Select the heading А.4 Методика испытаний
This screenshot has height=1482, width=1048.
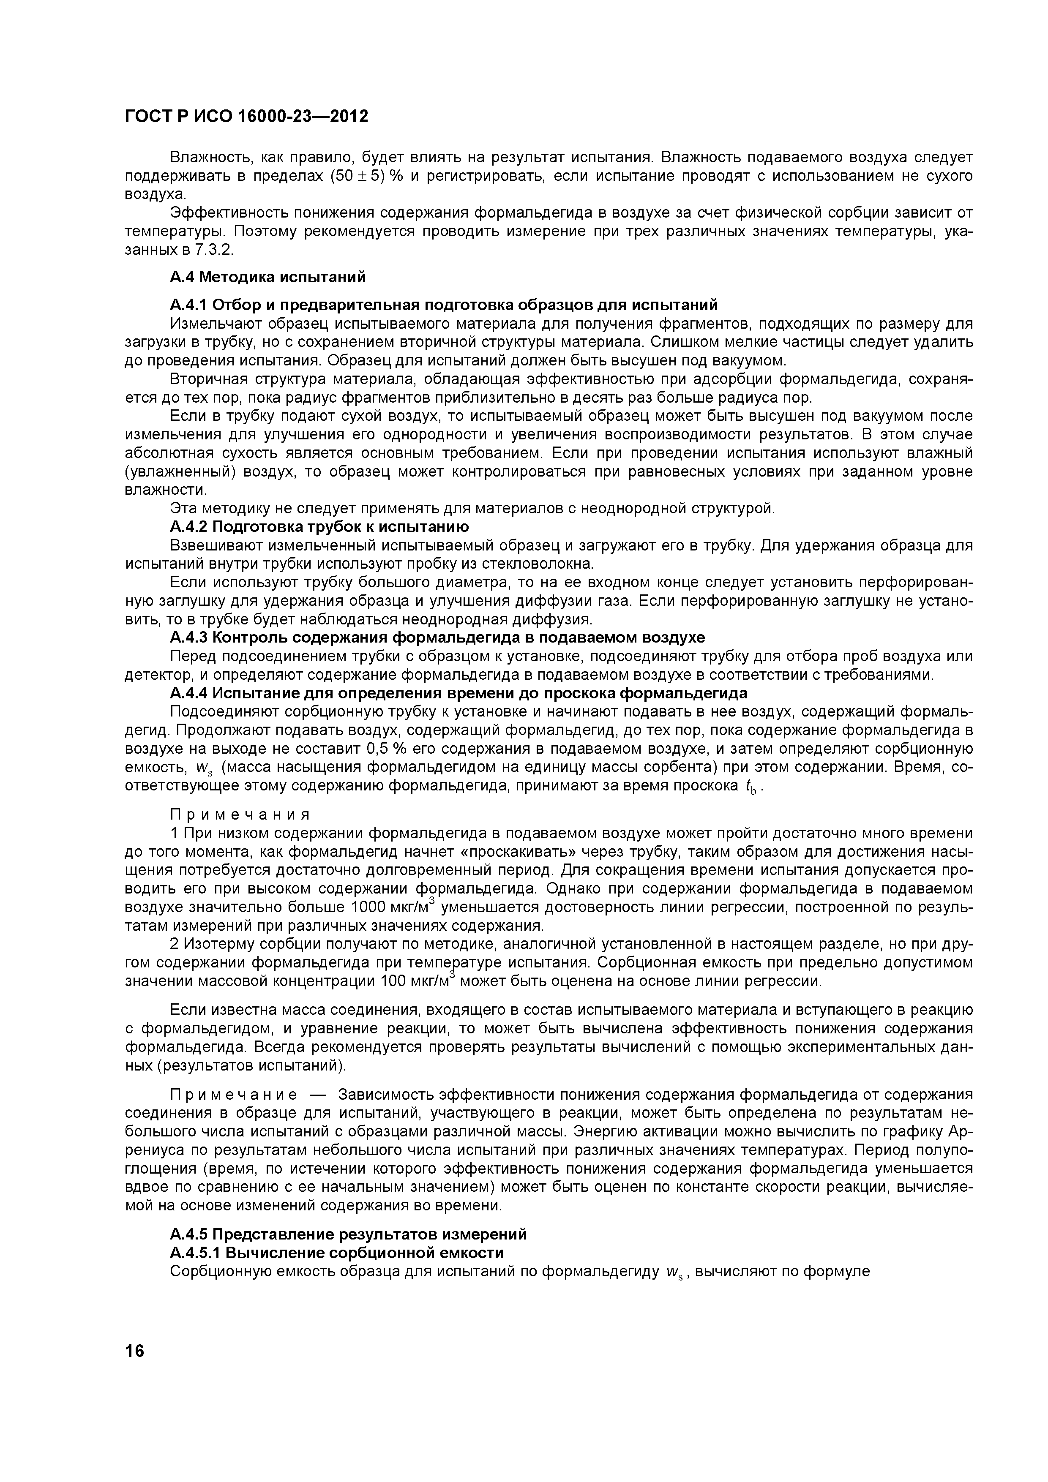click(x=267, y=277)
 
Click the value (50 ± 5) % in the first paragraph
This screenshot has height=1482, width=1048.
click(x=366, y=176)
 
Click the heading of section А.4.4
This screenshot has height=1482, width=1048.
click(x=458, y=693)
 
